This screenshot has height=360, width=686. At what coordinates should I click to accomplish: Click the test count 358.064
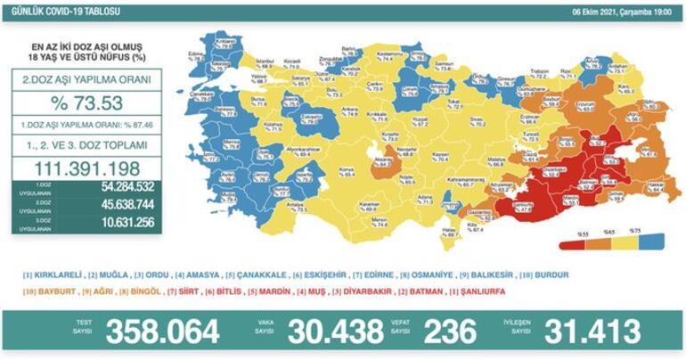[x=162, y=331]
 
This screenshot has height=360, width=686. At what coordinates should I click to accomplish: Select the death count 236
[x=452, y=331]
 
